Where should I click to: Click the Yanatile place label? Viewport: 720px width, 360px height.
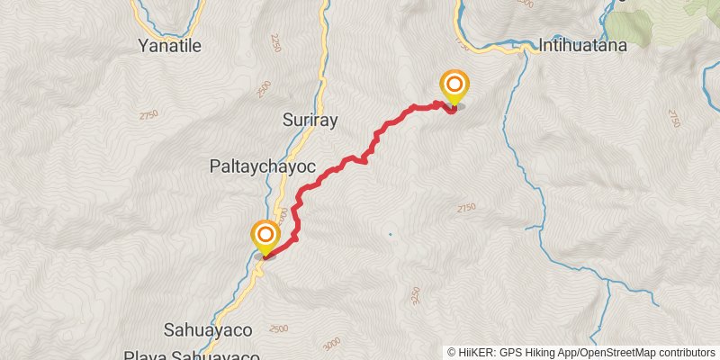170,45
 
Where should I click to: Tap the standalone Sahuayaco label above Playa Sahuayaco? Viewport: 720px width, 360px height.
208,328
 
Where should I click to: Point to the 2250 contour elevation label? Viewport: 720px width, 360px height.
274,42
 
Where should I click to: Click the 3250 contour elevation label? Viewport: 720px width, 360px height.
415,294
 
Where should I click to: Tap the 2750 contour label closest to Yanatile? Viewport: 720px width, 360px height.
148,115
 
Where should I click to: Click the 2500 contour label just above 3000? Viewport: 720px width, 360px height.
278,331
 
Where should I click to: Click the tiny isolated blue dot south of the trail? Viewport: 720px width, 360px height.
390,234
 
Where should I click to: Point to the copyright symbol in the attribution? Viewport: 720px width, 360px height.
452,352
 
